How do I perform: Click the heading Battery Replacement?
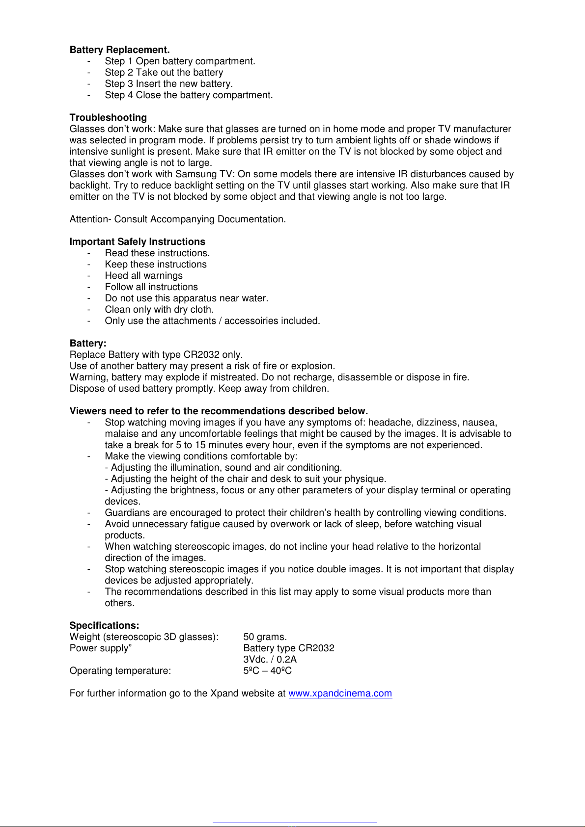tap(119, 50)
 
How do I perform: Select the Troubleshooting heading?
tap(108, 118)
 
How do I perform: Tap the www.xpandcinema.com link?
tap(340, 694)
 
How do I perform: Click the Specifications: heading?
tap(104, 626)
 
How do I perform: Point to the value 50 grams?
tap(265, 637)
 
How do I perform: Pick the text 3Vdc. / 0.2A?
tap(270, 660)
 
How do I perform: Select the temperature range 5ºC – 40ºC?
tap(267, 671)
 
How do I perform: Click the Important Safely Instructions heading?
tap(137, 242)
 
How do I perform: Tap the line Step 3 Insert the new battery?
tap(168, 84)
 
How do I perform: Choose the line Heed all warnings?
tap(143, 276)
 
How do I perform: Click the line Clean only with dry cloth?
tap(159, 310)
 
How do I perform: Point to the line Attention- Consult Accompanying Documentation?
tap(177, 219)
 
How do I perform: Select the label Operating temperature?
tap(120, 671)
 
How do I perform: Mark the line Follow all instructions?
tap(151, 287)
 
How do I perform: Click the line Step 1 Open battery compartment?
tap(180, 61)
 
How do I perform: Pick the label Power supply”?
tap(101, 648)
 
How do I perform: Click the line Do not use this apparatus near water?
tap(186, 298)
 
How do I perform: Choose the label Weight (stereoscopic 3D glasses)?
tap(144, 637)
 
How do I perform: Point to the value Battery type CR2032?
tap(289, 648)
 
